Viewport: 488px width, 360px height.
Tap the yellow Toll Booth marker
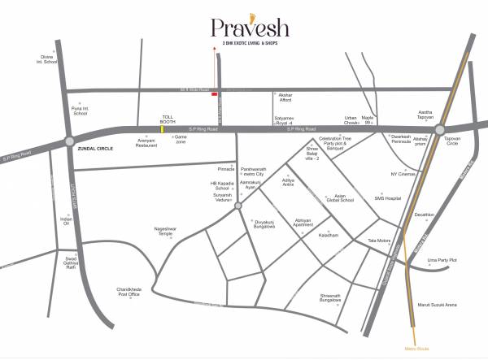pos(162,128)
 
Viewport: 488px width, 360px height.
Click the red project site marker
pos(214,95)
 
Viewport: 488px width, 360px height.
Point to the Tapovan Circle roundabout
pos(439,130)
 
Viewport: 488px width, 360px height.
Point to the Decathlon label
pos(425,215)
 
